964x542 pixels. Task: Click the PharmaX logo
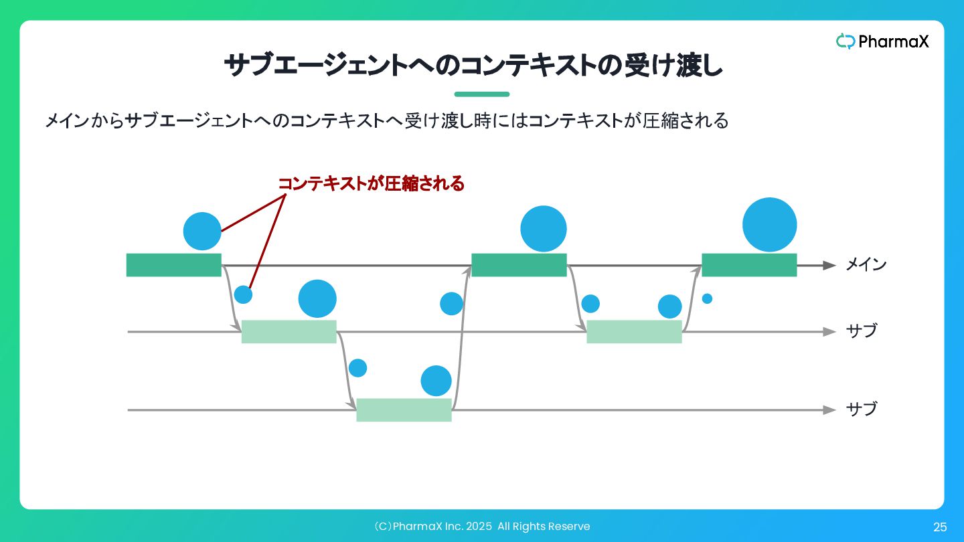(882, 41)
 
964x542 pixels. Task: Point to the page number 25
(940, 527)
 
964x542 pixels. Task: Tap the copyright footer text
(481, 527)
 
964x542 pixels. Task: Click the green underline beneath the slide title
(481, 94)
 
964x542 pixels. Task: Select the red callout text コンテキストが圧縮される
(371, 184)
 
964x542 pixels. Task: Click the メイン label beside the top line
(866, 265)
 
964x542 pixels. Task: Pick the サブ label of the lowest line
(861, 409)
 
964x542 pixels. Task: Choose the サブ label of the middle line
(861, 331)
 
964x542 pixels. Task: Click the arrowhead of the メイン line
(829, 265)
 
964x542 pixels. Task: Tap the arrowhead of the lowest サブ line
(829, 410)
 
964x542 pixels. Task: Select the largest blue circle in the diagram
(769, 225)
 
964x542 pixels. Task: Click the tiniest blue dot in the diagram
(707, 298)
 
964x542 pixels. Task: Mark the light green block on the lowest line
(404, 410)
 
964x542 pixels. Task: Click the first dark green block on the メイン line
(173, 265)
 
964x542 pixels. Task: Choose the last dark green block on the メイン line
(748, 265)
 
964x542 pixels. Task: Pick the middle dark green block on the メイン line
(519, 265)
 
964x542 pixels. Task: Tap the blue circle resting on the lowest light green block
(436, 381)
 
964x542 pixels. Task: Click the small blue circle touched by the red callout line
(243, 294)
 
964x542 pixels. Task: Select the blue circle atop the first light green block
(317, 298)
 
